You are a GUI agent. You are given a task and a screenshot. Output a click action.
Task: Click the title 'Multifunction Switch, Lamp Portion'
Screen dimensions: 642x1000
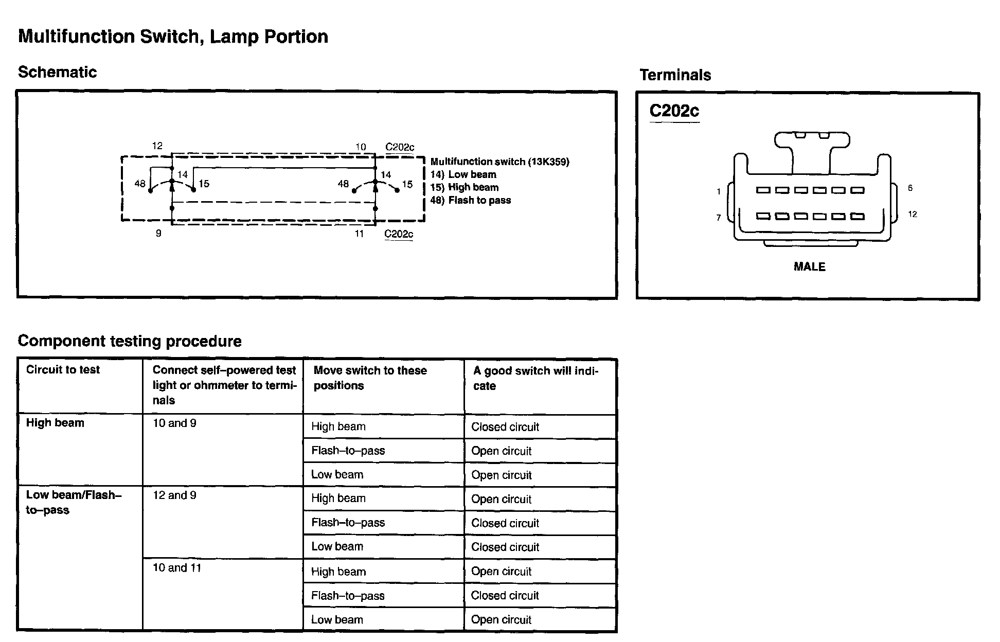click(x=173, y=37)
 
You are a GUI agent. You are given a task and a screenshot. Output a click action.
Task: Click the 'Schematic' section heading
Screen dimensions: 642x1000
click(x=57, y=72)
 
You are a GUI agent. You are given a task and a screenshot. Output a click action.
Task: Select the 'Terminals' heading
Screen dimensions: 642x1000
click(x=675, y=75)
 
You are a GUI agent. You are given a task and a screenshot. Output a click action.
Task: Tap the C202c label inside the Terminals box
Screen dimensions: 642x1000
click(x=674, y=111)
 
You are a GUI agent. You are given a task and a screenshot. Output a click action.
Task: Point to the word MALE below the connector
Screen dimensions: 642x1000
click(x=809, y=267)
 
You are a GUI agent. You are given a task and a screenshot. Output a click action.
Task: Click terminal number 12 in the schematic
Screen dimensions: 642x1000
click(x=157, y=146)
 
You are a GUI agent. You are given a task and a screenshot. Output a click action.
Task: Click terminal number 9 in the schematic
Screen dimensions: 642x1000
click(x=158, y=234)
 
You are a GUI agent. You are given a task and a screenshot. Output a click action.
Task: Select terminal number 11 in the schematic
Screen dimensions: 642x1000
click(x=359, y=234)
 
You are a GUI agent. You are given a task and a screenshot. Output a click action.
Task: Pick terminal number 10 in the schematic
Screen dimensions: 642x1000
click(x=361, y=147)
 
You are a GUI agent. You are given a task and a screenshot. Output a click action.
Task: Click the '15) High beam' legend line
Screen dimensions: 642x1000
click(x=465, y=187)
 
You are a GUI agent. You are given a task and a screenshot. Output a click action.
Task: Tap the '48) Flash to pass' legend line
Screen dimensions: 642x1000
click(x=471, y=200)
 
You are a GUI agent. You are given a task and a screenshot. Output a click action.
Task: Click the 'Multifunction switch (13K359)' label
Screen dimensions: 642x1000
click(x=499, y=162)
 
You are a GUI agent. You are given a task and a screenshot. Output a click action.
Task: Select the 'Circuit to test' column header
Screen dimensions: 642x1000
click(x=63, y=369)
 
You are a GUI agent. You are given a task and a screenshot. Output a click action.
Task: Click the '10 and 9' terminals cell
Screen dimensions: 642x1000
click(x=174, y=423)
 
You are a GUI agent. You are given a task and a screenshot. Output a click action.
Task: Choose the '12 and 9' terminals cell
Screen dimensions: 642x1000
click(x=174, y=495)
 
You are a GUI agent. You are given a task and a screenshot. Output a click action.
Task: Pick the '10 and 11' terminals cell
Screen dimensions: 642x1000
click(x=177, y=568)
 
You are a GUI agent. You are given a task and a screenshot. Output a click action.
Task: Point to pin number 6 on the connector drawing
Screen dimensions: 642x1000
click(x=910, y=188)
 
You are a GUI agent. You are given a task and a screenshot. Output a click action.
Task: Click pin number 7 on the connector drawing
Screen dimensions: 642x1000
click(x=719, y=218)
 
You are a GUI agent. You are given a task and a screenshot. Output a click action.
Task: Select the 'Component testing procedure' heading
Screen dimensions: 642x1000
click(x=130, y=341)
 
